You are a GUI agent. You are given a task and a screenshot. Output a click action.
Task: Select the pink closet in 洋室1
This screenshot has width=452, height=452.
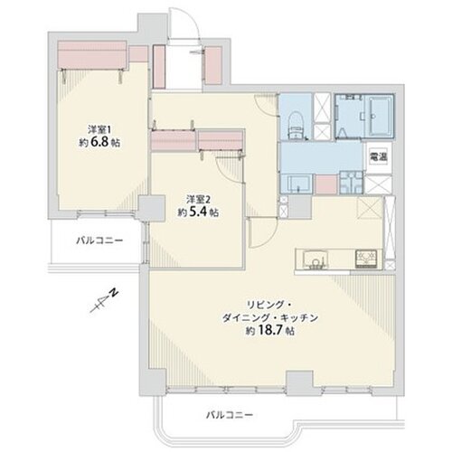coord(90,53)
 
